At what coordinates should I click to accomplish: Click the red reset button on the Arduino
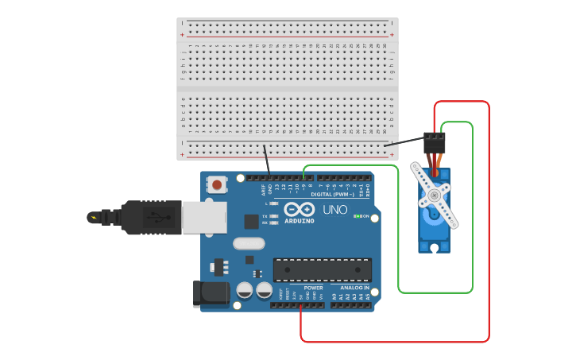point(216,185)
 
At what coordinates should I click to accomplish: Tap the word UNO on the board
point(334,210)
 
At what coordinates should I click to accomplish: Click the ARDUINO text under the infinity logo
point(299,220)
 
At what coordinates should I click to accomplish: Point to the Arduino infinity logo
point(299,209)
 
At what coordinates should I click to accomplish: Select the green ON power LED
point(358,216)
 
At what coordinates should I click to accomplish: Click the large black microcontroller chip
point(322,269)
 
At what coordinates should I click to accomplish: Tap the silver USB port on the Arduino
point(203,216)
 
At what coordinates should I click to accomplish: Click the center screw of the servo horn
point(433,195)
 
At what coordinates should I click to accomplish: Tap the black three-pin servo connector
point(434,142)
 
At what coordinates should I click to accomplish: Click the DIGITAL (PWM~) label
point(332,195)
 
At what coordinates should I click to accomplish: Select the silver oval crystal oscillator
point(247,243)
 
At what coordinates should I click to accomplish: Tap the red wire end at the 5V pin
point(301,305)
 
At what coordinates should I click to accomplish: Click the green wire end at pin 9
point(304,177)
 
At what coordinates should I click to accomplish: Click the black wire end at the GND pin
point(270,177)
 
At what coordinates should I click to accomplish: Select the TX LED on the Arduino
point(274,215)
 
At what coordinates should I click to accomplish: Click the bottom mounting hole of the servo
point(435,247)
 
